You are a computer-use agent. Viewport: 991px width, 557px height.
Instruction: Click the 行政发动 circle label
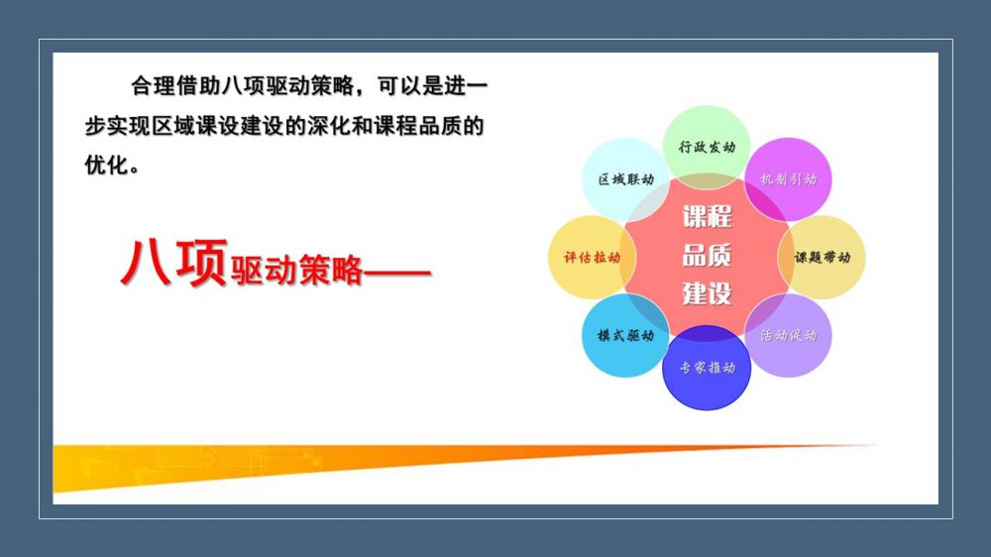pos(707,148)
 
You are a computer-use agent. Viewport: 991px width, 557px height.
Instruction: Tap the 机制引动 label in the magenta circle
pos(788,179)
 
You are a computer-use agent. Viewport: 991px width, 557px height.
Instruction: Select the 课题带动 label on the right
pos(823,258)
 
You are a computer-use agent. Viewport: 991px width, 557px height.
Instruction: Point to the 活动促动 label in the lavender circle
pos(788,335)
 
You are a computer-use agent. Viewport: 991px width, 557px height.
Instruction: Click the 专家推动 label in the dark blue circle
pos(708,368)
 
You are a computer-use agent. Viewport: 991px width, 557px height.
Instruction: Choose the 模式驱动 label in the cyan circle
pos(625,335)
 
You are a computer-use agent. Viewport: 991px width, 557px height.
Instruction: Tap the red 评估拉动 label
pos(593,258)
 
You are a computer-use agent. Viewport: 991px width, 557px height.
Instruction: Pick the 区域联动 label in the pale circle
pos(625,179)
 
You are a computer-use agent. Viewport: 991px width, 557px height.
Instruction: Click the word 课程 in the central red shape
pos(708,217)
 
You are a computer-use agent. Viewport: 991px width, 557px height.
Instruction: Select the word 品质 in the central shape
pos(708,256)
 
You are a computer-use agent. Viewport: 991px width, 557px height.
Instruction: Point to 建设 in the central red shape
pos(708,293)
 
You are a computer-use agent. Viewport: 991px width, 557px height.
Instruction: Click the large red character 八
pos(146,263)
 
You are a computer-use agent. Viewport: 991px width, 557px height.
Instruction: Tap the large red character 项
pos(201,263)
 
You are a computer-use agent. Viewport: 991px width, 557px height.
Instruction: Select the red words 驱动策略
pos(296,271)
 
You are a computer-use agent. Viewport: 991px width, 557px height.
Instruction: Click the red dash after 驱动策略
pos(397,274)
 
